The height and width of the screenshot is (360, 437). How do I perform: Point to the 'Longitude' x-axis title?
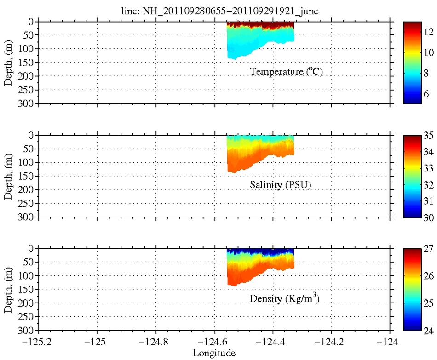(x=214, y=354)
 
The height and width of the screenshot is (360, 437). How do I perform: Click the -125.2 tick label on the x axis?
(x=39, y=343)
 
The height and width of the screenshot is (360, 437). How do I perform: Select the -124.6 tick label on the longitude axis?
(x=214, y=343)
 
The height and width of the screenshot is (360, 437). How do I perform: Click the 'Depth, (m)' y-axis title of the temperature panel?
(x=9, y=63)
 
